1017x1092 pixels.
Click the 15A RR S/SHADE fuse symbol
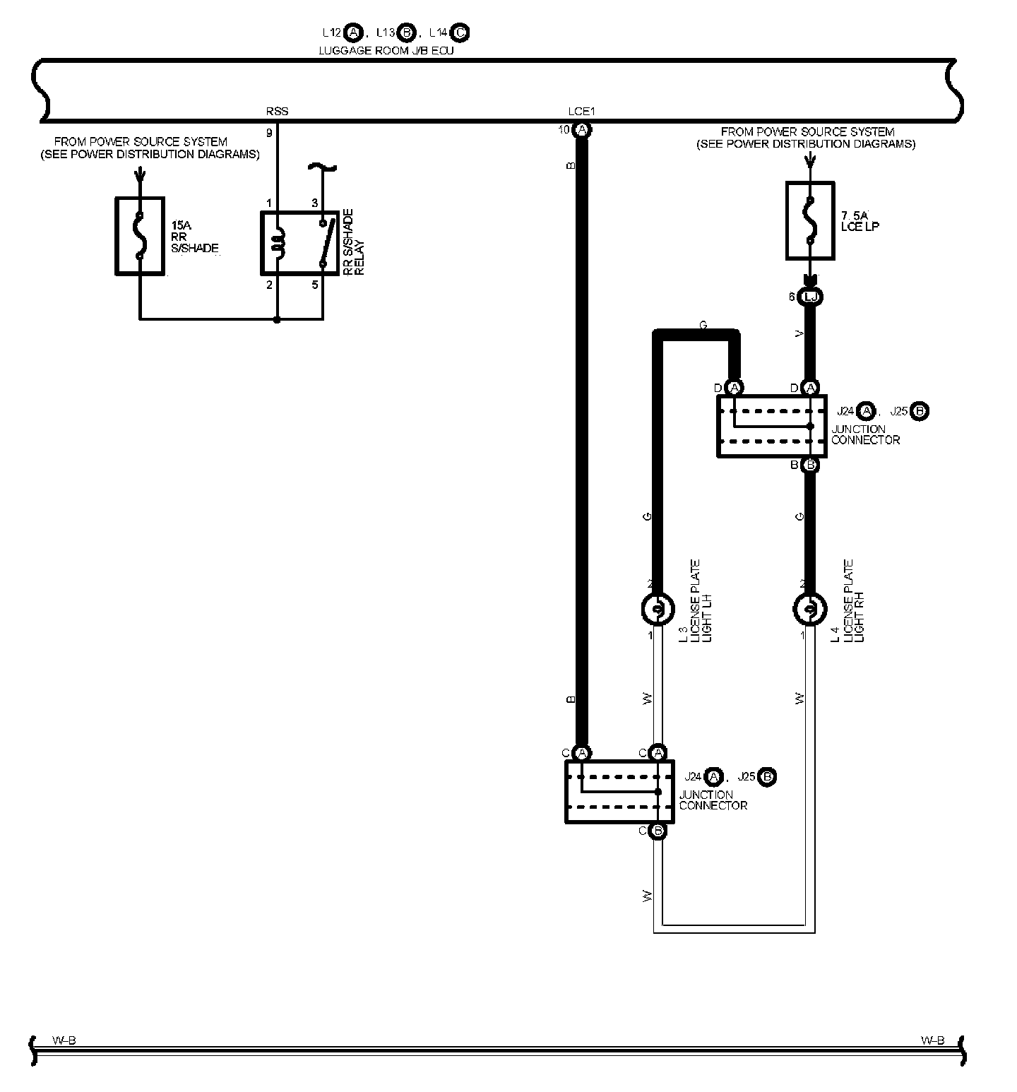click(140, 236)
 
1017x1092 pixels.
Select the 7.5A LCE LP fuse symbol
click(810, 220)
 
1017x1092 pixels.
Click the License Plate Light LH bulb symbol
click(657, 609)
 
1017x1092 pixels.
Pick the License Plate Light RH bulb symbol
click(809, 609)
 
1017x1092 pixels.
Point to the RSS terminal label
click(277, 112)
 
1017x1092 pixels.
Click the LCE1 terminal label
click(582, 112)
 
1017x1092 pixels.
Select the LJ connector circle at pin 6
click(810, 297)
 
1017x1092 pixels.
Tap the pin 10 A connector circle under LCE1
click(582, 129)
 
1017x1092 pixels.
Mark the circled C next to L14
click(460, 32)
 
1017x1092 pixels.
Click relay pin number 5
click(315, 285)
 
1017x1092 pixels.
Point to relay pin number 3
click(315, 203)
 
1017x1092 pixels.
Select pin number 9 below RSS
click(269, 132)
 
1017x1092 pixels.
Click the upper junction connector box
click(771, 426)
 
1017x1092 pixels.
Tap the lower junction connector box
click(619, 792)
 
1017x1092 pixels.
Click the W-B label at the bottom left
click(64, 1040)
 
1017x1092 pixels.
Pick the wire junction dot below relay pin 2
click(277, 320)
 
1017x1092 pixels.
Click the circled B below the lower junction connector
click(658, 831)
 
